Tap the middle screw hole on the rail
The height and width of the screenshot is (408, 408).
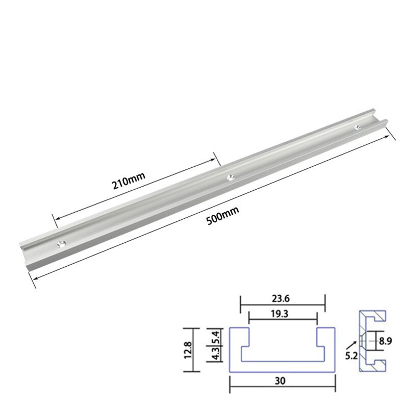(x=230, y=177)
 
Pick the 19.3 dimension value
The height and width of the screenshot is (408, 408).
(x=282, y=315)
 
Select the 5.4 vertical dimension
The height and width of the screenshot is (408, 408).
(x=217, y=337)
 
